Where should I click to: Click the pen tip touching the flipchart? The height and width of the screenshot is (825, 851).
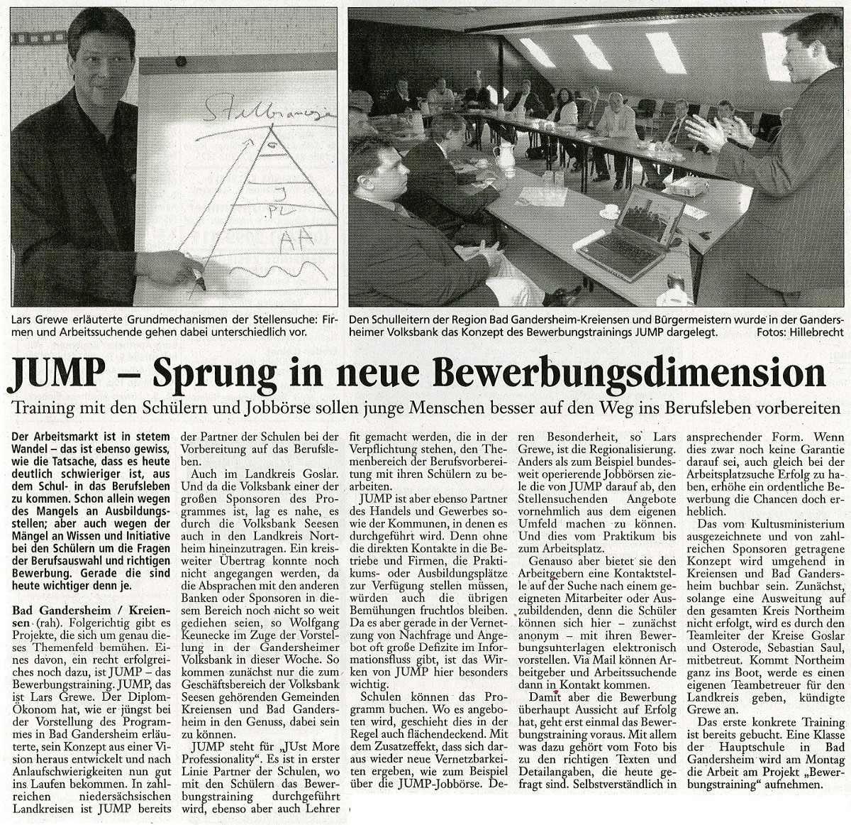point(201,284)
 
